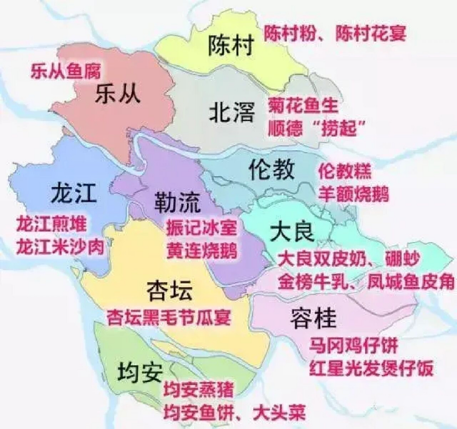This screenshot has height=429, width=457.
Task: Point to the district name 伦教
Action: point(272,169)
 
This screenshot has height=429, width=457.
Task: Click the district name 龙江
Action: point(74,194)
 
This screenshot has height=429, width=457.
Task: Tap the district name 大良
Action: point(292,232)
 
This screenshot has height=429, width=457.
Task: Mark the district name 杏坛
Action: point(170,291)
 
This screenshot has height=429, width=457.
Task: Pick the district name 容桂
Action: point(313,318)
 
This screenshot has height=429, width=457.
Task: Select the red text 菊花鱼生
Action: point(303,106)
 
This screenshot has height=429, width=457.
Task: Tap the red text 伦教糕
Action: point(345,171)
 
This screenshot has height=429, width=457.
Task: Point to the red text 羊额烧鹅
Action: point(353,194)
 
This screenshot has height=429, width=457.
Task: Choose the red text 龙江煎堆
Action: point(51,224)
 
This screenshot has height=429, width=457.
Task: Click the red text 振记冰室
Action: point(202,228)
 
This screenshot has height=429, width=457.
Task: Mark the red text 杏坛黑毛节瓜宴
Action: point(169,317)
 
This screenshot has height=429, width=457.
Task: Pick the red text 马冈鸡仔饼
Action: point(353,346)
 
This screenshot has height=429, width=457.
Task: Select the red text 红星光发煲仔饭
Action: point(371,368)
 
